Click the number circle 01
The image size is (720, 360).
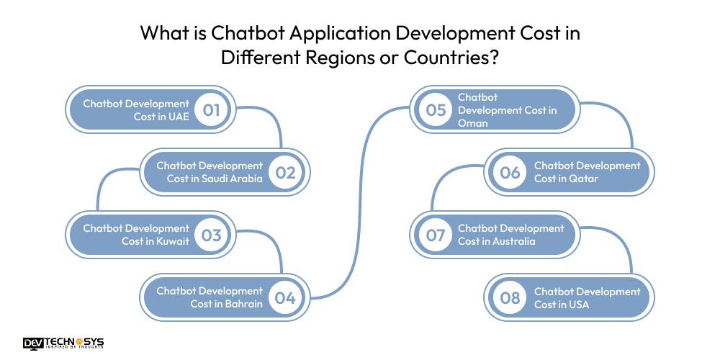[x=212, y=110]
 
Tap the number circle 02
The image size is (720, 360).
[x=285, y=173]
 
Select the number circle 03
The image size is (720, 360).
[x=212, y=235]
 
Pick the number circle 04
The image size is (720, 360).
[x=285, y=297]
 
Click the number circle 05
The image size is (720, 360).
[x=436, y=110]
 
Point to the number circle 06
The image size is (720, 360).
[x=510, y=173]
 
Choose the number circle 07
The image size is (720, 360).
[x=436, y=235]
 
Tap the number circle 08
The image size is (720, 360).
[x=510, y=297]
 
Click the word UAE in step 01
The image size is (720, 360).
[x=179, y=117]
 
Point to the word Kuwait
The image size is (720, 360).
[x=172, y=241]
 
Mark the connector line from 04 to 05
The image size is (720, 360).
[x=360, y=202]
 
